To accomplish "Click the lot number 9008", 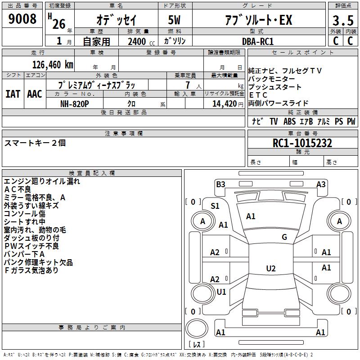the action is coord(22,19).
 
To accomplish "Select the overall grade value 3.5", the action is coord(343,20).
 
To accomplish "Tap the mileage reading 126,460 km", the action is coord(53,65).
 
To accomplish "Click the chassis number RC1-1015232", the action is coord(302,143).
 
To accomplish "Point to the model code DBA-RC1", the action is coord(258,41).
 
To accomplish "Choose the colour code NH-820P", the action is coord(74,104).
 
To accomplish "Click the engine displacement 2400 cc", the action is coord(141,42).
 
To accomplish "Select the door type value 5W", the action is coord(174,20).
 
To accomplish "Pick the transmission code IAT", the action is coord(13,94).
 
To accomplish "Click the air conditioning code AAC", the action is coord(35,94).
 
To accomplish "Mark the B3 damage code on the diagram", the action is coord(220,184).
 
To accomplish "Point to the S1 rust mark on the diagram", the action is coord(215,206).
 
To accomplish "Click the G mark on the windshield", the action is coord(284,237).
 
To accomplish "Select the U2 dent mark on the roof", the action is coord(271,268).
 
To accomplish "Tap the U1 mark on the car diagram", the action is coord(221,292).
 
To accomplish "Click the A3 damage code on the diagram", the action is coord(321,184).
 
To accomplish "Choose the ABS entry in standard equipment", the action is coord(289,121).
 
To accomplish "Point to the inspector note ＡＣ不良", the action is coord(18,189).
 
